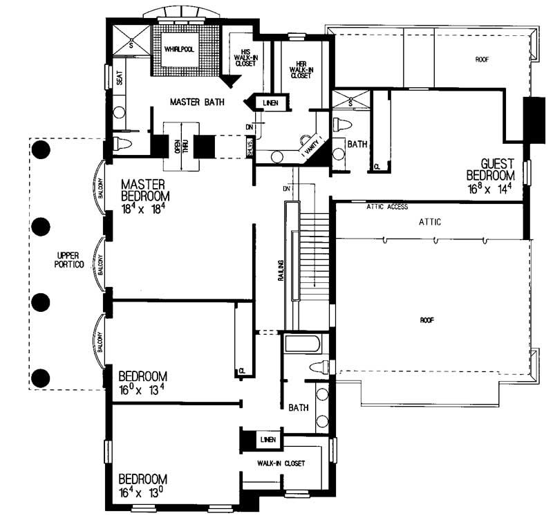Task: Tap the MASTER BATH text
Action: point(197,102)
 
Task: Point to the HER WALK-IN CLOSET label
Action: point(301,71)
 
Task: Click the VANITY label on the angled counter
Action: point(309,142)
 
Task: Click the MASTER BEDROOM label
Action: point(144,191)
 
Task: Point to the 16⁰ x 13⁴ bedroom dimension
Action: point(142,389)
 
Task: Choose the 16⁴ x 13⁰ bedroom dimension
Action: point(142,492)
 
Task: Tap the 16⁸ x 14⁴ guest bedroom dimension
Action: point(490,187)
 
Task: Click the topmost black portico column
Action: point(42,149)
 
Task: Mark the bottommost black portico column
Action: point(42,378)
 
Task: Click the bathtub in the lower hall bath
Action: point(302,344)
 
